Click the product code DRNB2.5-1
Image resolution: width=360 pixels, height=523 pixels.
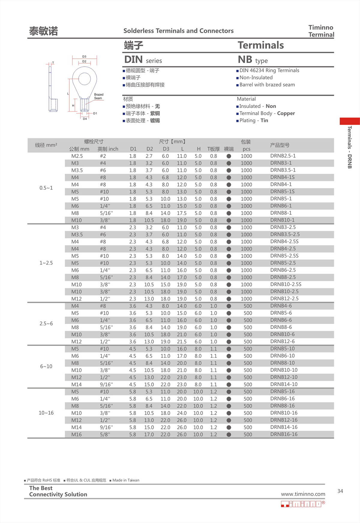[283, 156]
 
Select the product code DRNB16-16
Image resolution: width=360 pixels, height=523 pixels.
[284, 434]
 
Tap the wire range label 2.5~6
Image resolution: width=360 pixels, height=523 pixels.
[46, 324]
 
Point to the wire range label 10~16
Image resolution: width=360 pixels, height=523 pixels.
[46, 413]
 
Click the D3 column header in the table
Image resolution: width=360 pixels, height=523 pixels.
[166, 149]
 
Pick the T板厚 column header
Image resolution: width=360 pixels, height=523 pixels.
[213, 149]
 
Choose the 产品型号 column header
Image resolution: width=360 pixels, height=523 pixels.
[280, 145]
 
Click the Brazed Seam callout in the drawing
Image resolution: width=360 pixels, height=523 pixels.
[98, 96]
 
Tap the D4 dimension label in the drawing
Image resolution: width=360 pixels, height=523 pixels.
[85, 119]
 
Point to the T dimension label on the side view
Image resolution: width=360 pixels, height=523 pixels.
[53, 63]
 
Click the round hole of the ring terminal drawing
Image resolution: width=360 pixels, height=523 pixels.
[84, 79]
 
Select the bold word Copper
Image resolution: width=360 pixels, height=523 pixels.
[286, 113]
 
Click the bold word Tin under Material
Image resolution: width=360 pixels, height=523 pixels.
[264, 121]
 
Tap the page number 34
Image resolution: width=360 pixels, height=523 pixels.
[340, 491]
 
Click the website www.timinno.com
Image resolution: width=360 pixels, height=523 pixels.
[303, 494]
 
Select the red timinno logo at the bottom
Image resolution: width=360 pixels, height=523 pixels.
[302, 504]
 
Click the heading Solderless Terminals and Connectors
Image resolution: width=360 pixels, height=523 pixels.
[178, 31]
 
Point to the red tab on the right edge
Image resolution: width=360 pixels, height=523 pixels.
[349, 121]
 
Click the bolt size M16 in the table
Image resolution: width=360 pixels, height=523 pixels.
[76, 434]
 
